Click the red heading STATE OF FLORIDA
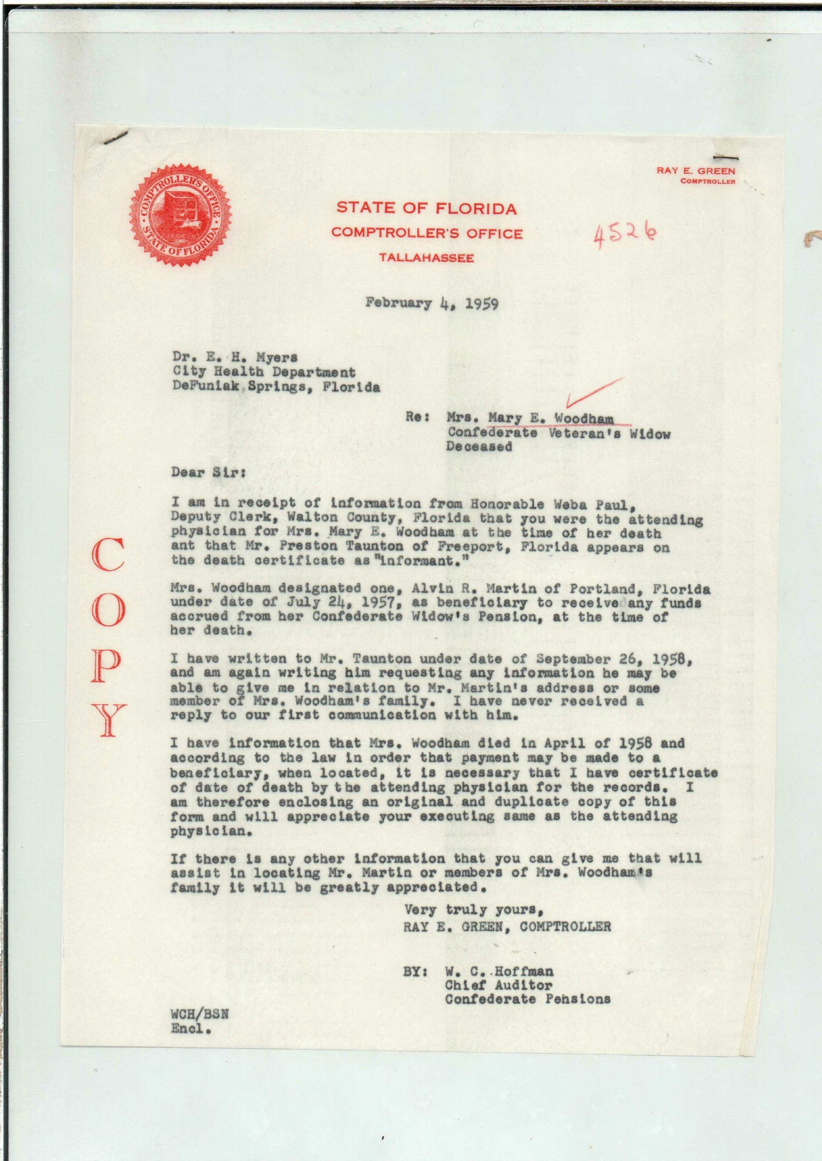point(427,208)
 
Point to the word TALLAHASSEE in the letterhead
point(427,258)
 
